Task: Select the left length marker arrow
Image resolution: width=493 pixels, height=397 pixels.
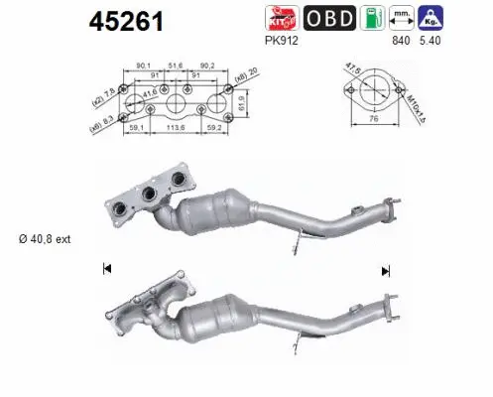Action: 106,267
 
